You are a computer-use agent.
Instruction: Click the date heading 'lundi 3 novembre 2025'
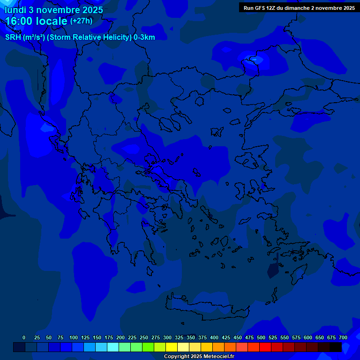pyautogui.click(x=54, y=10)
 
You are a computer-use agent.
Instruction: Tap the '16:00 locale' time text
pyautogui.click(x=37, y=21)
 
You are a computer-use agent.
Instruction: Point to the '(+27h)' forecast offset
pyautogui.click(x=81, y=21)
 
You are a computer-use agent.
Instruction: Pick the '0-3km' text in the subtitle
pyautogui.click(x=144, y=37)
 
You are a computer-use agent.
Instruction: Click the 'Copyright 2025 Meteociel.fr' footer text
pyautogui.click(x=199, y=357)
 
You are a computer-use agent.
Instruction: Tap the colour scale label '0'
pyautogui.click(x=24, y=337)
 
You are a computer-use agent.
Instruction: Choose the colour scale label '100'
pyautogui.click(x=74, y=337)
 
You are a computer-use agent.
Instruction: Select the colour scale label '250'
pyautogui.click(x=144, y=337)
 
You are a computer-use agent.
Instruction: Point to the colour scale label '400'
pyautogui.click(x=214, y=337)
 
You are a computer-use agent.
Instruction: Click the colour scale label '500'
pyautogui.click(x=261, y=337)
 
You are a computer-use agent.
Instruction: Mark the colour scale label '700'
pyautogui.click(x=343, y=337)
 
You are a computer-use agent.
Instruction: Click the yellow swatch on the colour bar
pyautogui.click(x=172, y=347)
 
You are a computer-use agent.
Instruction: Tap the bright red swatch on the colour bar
pyautogui.click(x=265, y=347)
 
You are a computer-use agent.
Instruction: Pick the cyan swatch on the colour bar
pyautogui.click(x=113, y=347)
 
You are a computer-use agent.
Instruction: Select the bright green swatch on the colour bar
pyautogui.click(x=148, y=347)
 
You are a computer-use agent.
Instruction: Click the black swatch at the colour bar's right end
pyautogui.click(x=336, y=347)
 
